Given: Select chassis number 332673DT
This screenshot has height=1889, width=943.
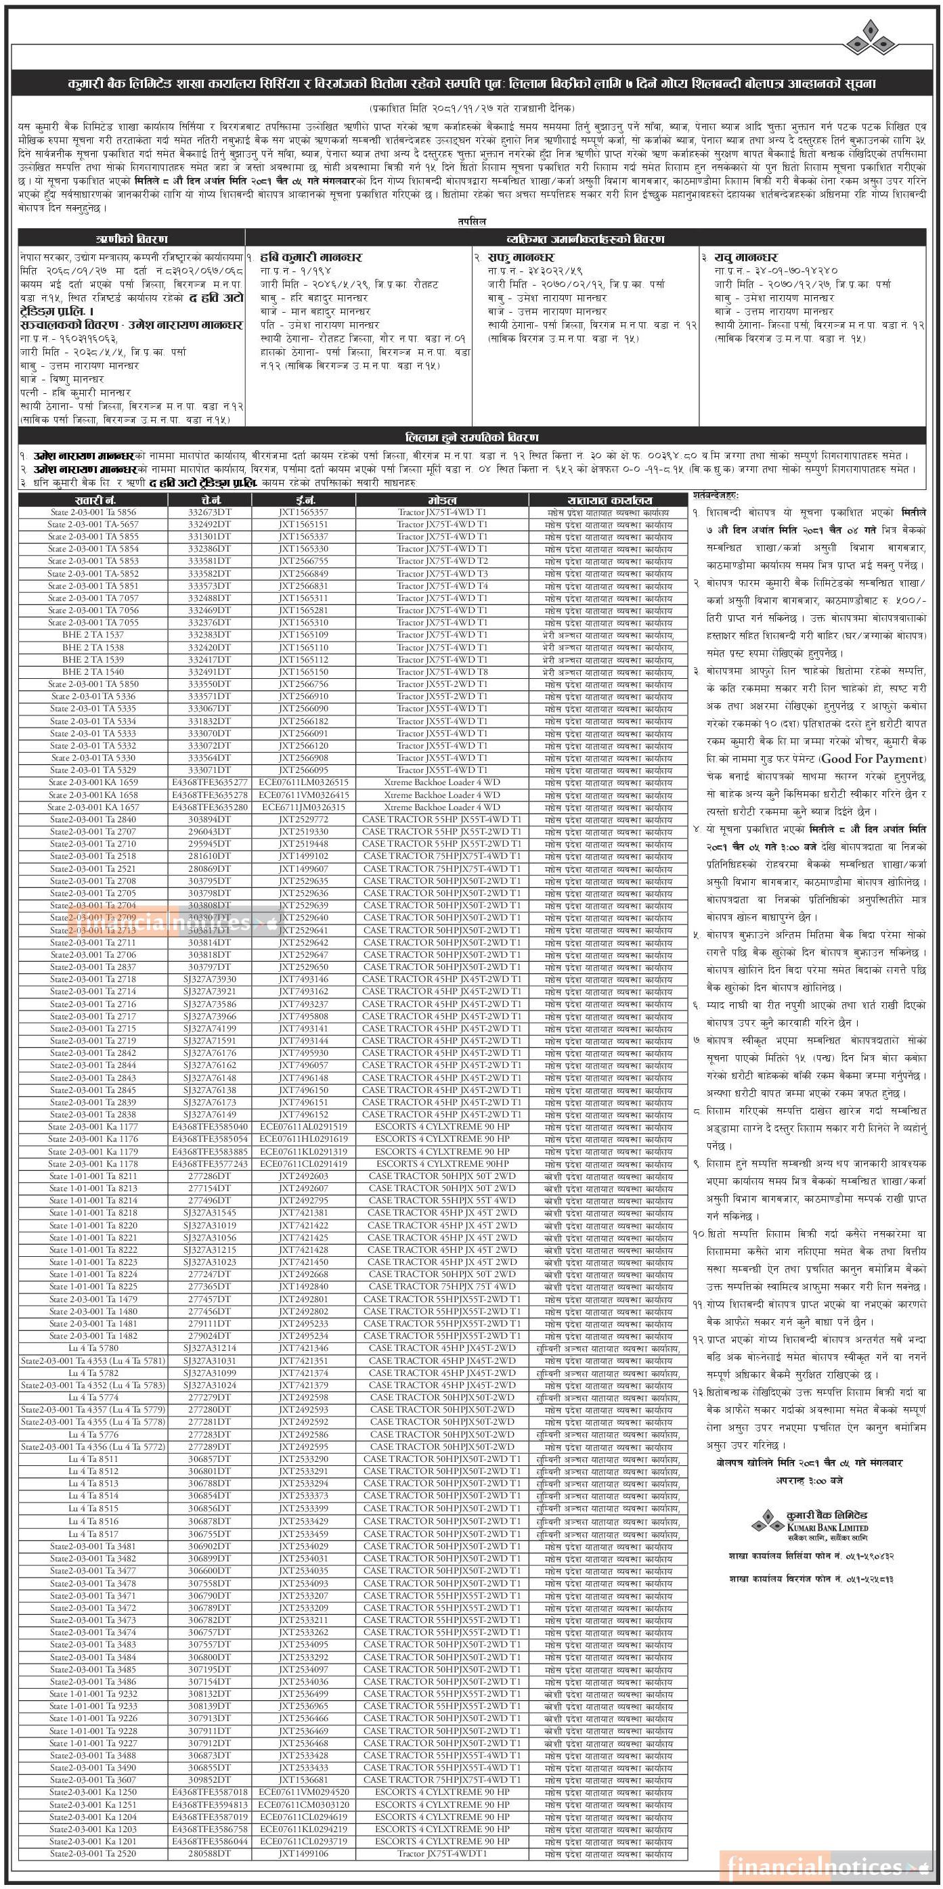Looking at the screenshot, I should (209, 512).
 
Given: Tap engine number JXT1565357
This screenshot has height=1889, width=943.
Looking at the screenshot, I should (303, 512).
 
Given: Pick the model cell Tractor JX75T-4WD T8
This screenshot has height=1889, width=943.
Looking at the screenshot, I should (441, 671).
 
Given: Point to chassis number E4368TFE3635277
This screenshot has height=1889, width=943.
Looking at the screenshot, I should (209, 782).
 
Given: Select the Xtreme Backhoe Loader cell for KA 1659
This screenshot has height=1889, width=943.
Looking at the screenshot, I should (441, 782).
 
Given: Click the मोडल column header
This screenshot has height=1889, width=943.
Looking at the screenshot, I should (441, 499).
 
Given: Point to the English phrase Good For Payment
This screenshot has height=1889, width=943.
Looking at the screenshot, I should (872, 759).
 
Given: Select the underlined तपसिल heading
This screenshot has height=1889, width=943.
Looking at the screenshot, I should (471, 221).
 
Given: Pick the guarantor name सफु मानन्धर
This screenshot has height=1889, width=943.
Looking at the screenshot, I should (524, 257).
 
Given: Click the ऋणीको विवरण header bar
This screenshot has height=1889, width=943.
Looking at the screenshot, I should (131, 238).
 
